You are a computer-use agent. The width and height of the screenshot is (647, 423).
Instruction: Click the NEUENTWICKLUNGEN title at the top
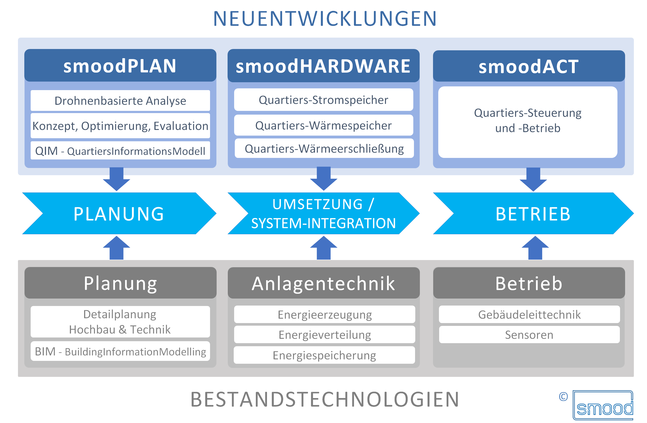325,19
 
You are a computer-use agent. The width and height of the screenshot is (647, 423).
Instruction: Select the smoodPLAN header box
120,66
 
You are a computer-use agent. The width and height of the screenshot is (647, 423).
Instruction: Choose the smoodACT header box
529,66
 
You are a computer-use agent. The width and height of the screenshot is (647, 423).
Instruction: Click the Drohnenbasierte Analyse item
120,101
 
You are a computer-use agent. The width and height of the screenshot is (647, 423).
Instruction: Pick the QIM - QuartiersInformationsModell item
120,151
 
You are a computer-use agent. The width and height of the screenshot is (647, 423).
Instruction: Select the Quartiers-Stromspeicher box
323,100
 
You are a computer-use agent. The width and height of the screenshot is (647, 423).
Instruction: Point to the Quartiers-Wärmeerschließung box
324,149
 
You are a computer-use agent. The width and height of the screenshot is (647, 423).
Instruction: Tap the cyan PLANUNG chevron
119,213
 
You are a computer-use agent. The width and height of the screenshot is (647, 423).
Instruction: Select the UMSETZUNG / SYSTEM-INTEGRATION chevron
323,213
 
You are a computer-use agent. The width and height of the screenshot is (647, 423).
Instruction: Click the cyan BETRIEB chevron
533,213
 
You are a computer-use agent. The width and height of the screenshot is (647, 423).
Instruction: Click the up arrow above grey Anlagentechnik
323,248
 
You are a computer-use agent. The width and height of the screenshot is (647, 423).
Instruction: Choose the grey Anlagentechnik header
323,283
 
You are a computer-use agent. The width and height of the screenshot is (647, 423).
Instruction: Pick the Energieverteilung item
325,335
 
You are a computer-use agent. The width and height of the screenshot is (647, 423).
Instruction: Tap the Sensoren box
529,335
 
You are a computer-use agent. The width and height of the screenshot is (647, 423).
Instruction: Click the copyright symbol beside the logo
563,397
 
